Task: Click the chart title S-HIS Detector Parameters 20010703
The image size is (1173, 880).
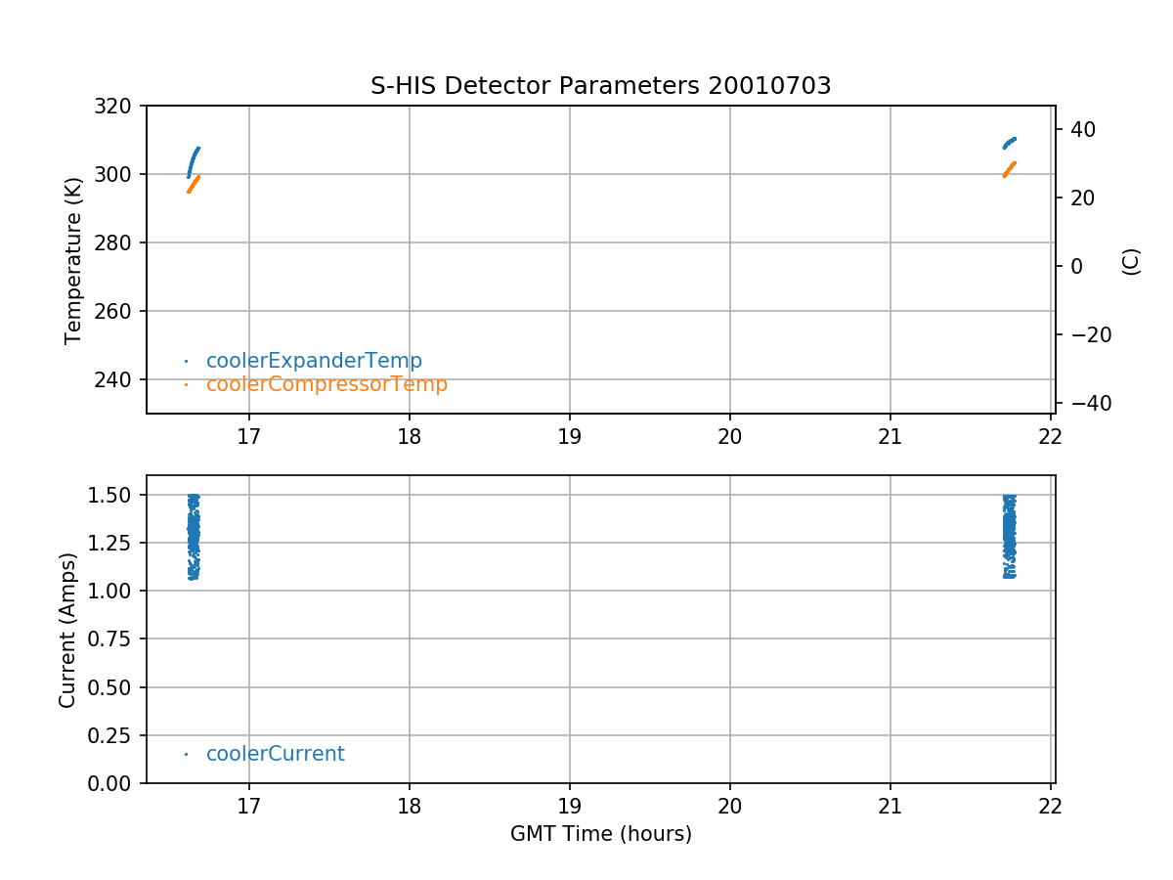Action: coord(600,86)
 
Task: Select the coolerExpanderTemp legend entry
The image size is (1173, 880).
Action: coord(314,361)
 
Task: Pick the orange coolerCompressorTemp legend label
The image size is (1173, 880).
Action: coord(326,384)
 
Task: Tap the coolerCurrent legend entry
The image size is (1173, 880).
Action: coord(275,754)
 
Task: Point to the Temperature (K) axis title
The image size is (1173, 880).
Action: coord(73,259)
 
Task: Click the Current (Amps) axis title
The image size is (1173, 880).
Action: coord(67,630)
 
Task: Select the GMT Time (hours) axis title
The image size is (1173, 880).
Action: coord(600,834)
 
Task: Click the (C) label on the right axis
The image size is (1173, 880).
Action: coord(1131,261)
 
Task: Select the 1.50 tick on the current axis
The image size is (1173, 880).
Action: coord(115,495)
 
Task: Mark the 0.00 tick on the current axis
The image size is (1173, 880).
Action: coord(115,783)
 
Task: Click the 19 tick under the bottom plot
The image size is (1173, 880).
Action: coord(570,806)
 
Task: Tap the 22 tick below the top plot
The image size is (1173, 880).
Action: coord(1051,435)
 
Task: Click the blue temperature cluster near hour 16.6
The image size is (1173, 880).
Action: coord(193,162)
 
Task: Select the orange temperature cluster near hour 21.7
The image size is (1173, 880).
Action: coord(1010,169)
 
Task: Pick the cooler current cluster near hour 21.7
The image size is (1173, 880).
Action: coord(1010,536)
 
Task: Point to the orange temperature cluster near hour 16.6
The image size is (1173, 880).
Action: coord(194,184)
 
